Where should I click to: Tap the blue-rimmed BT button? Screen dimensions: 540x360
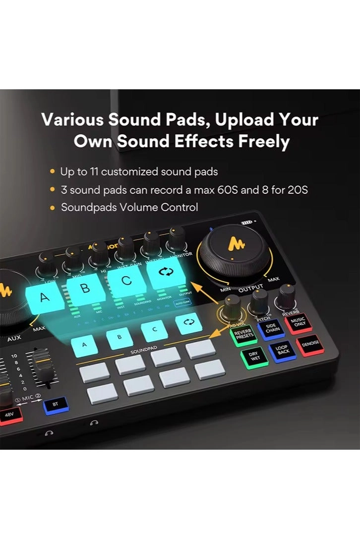click(x=55, y=405)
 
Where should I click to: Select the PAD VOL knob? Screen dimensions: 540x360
click(x=232, y=305)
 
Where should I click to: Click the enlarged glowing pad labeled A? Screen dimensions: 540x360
click(x=45, y=298)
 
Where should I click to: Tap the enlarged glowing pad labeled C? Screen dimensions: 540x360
click(x=127, y=281)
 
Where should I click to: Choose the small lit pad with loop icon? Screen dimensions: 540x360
click(x=189, y=323)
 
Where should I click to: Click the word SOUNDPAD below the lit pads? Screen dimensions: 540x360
click(x=143, y=351)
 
